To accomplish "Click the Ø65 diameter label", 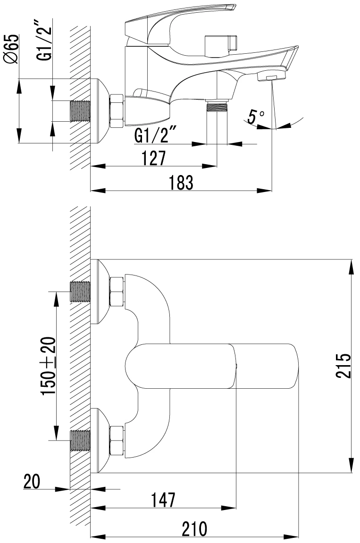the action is click(10, 49).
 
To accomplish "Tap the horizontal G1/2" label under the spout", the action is click(156, 135).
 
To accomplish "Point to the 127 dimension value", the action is click(154, 158).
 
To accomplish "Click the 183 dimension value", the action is click(181, 183).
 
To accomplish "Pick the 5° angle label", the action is click(256, 117).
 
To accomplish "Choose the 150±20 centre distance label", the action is click(48, 366).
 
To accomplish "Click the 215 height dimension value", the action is click(343, 366).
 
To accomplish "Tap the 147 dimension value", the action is click(163, 500).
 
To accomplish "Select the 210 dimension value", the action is click(194, 529).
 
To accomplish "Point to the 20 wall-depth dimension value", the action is click(32, 481).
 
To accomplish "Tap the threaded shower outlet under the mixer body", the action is click(217, 106).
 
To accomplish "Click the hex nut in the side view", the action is click(117, 111).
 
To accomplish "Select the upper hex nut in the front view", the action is click(117, 292).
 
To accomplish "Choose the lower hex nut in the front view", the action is click(117, 441).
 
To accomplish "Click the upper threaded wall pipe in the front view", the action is click(80, 292).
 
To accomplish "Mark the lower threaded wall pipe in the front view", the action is click(80, 441).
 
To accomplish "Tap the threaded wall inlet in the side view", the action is click(80, 111).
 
